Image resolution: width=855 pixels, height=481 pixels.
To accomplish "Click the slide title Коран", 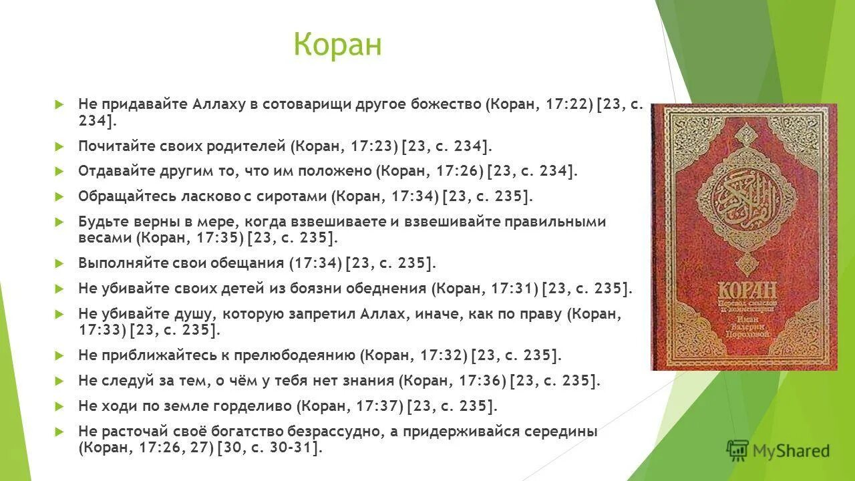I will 337,45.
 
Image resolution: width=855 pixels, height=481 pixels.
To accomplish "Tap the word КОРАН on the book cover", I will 747,292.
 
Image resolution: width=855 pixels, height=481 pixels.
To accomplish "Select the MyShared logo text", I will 791,451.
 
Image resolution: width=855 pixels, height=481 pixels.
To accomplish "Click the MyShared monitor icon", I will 737,451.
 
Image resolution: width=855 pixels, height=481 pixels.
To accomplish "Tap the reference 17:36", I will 482,381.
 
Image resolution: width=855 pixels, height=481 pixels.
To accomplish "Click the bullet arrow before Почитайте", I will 59,146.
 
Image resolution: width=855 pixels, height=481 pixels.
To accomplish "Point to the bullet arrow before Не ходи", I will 59,406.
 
